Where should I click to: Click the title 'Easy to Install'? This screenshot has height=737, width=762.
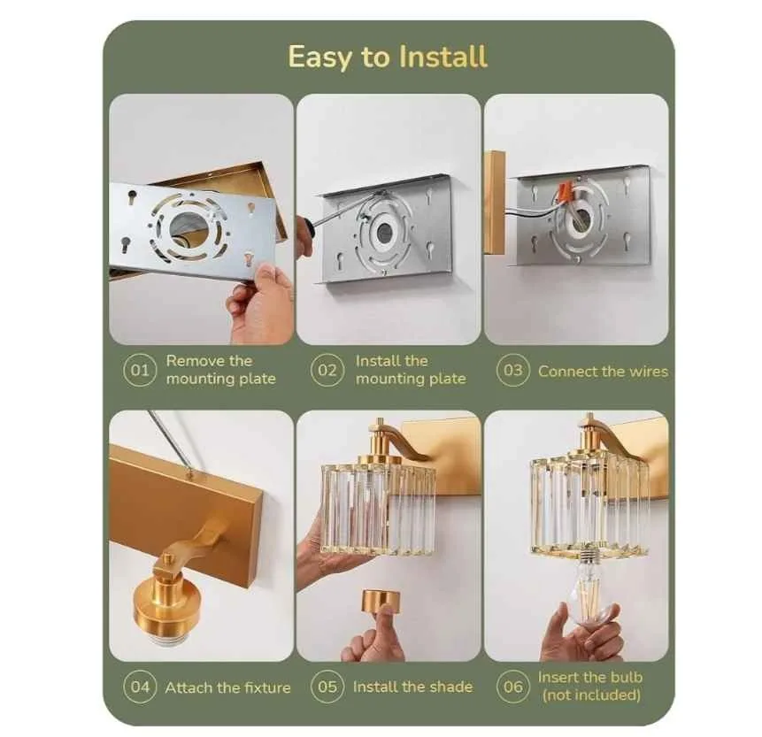(x=388, y=57)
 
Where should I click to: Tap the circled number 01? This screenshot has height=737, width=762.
(x=140, y=371)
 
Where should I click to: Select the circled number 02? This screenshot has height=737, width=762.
(x=327, y=371)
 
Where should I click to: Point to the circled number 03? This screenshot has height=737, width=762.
(x=513, y=371)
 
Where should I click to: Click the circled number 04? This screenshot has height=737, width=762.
(x=140, y=687)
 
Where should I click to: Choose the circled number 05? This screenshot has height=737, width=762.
(x=327, y=687)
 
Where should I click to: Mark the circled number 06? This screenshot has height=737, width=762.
(x=513, y=687)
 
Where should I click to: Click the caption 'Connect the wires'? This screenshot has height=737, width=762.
(x=603, y=372)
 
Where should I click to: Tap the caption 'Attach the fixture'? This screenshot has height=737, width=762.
(x=227, y=687)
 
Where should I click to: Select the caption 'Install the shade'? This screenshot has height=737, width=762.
(x=412, y=687)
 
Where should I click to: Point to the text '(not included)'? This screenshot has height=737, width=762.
(x=590, y=695)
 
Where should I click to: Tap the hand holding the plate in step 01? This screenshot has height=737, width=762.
(x=260, y=304)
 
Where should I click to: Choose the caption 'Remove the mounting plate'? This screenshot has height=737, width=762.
(x=220, y=370)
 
